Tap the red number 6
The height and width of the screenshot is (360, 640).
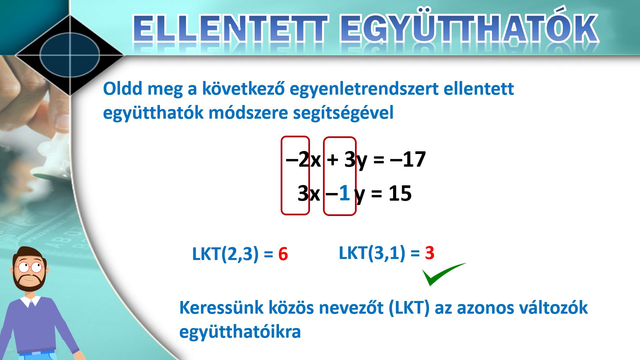(283, 254)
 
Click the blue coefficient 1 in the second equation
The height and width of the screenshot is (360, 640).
(344, 193)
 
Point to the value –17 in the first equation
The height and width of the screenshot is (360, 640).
(407, 159)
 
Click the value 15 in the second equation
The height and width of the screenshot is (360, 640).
(400, 193)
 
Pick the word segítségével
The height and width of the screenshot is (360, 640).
(343, 113)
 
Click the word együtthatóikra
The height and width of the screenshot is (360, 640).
(240, 332)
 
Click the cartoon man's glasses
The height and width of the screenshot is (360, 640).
(30, 267)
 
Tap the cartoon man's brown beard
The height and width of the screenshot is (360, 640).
(29, 281)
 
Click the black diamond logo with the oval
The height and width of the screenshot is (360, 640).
(70, 55)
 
